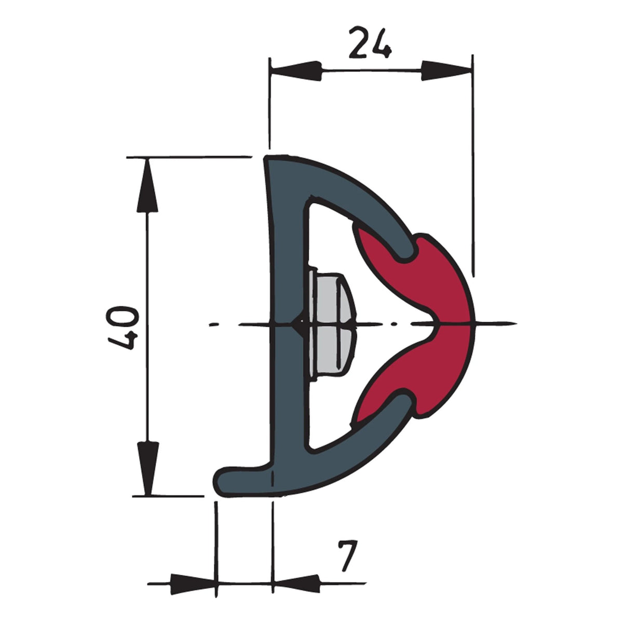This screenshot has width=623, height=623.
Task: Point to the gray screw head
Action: (332, 324)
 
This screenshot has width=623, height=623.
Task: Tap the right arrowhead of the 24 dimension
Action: (445, 70)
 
